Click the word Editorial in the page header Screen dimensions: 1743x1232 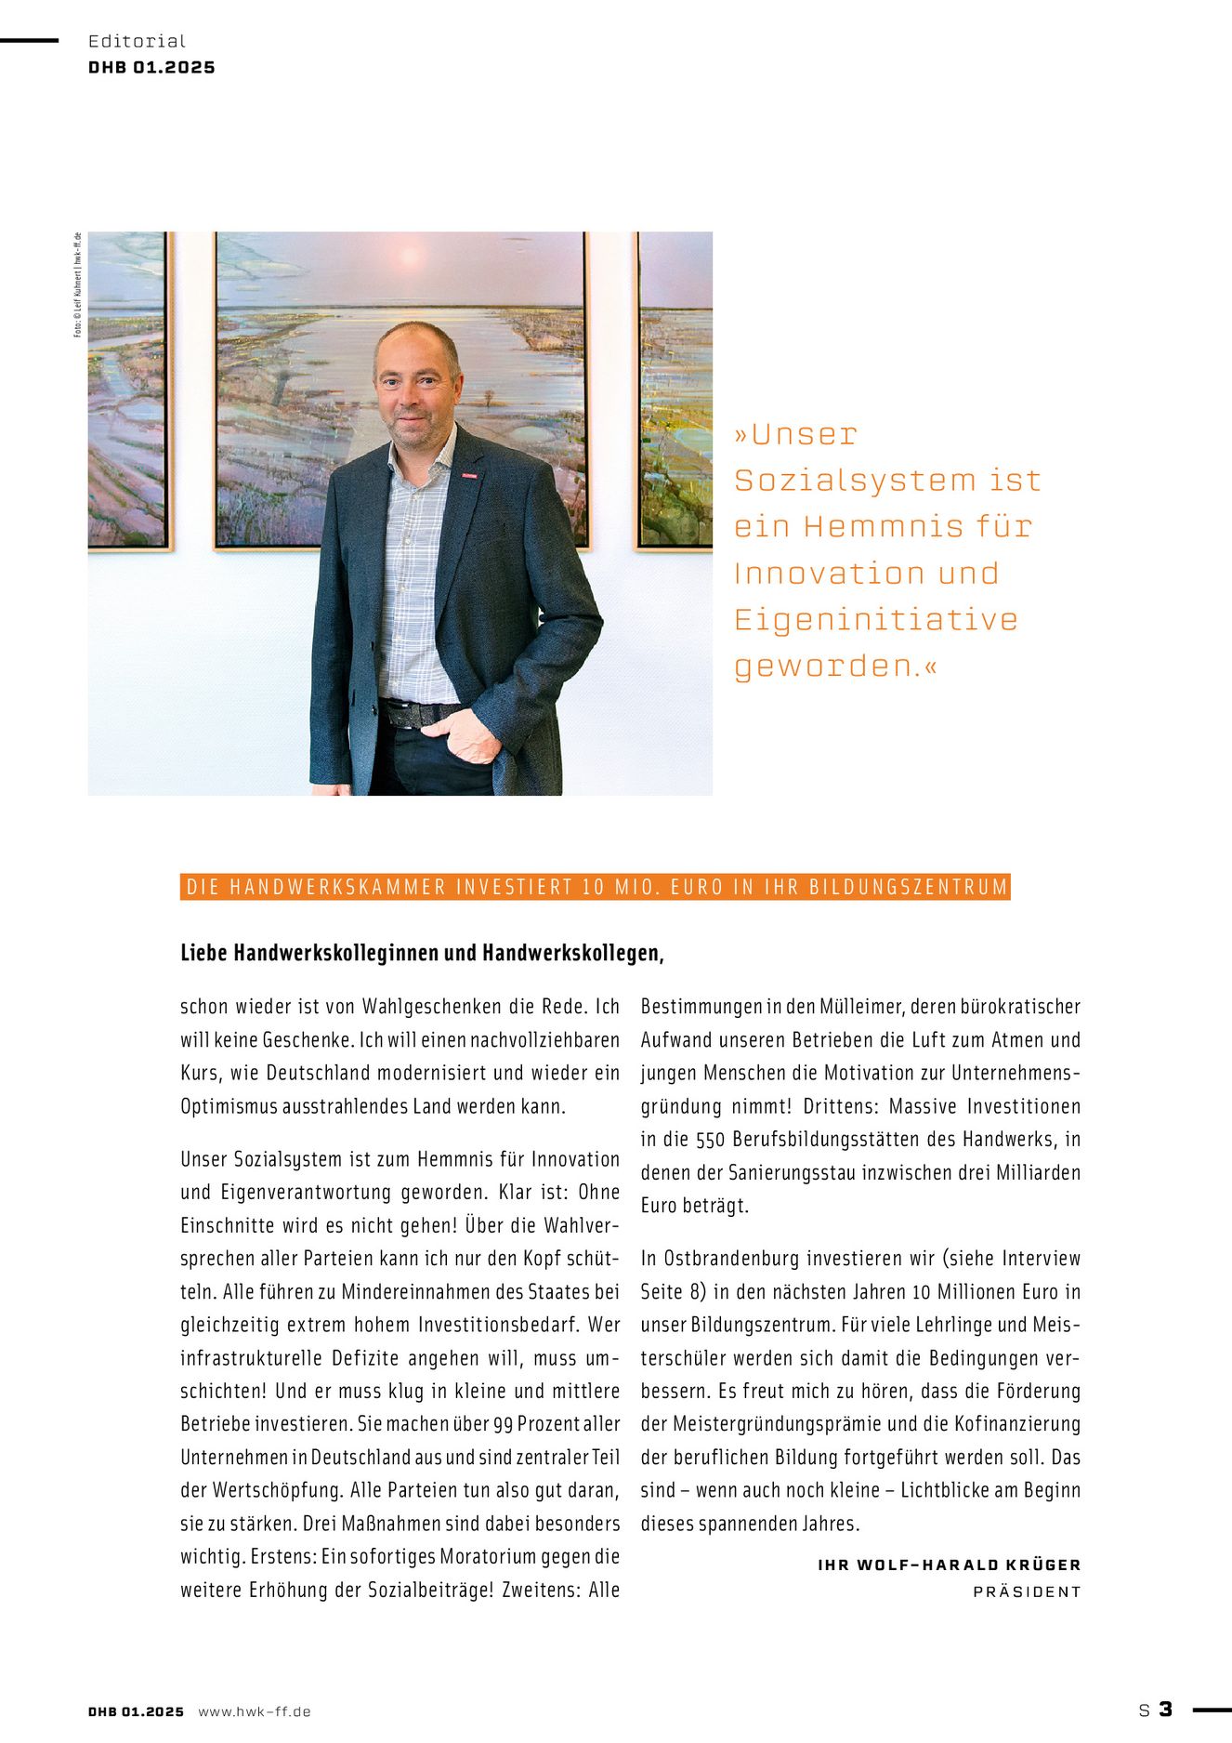(x=137, y=41)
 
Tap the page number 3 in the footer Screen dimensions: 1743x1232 (x=1165, y=1709)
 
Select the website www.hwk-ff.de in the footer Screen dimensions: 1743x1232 (x=254, y=1711)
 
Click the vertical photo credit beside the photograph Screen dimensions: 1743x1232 (x=78, y=284)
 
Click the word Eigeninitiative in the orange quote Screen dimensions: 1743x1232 (x=875, y=620)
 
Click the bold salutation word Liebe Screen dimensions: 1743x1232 (x=204, y=953)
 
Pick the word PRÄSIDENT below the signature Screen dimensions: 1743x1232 (x=1027, y=1591)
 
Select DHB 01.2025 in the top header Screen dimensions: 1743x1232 (x=151, y=68)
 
